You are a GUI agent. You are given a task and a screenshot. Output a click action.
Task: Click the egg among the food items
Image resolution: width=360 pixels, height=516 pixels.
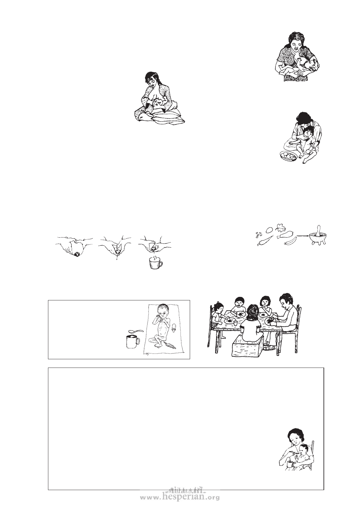pos(268,230)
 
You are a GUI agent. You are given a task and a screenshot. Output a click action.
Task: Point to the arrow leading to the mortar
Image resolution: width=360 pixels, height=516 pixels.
pos(302,236)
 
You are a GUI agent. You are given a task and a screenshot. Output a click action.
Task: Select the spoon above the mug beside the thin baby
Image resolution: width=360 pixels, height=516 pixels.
pos(136,331)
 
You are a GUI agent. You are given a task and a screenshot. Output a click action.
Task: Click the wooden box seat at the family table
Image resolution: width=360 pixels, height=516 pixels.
pos(248,350)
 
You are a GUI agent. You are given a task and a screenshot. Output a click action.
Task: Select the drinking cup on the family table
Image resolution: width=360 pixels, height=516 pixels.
pos(235,323)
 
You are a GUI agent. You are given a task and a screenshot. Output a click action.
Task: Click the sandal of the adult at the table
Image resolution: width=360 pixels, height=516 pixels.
pos(270,348)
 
